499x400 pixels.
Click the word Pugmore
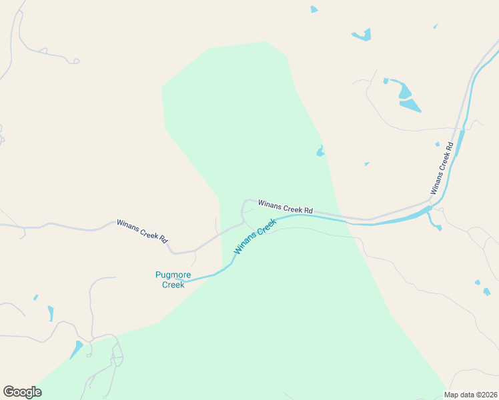[x=173, y=275]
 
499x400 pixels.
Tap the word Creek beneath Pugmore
[x=173, y=285]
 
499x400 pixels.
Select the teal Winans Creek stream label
[x=254, y=238]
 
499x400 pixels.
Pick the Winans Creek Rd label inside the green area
[x=285, y=206]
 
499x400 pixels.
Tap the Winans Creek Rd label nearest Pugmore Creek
[x=142, y=231]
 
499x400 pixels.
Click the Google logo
[x=22, y=392]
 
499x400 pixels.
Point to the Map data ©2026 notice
[x=471, y=395]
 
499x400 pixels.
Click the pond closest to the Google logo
[x=76, y=349]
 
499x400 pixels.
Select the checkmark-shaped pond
[x=363, y=35]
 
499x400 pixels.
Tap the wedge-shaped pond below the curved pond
[x=410, y=105]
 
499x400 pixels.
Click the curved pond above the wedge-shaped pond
[x=404, y=89]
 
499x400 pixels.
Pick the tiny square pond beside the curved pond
[x=386, y=81]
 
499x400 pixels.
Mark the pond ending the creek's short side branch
[x=438, y=228]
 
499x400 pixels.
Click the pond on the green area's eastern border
[x=321, y=151]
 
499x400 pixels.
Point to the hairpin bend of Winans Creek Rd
[x=244, y=203]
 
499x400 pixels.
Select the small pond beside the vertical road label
[x=438, y=144]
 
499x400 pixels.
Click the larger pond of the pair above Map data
[x=487, y=291]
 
